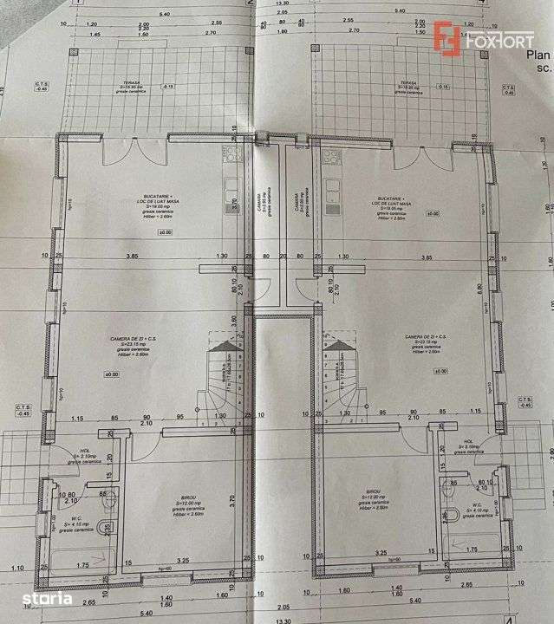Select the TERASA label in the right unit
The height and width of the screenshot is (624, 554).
pyautogui.click(x=408, y=84)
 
